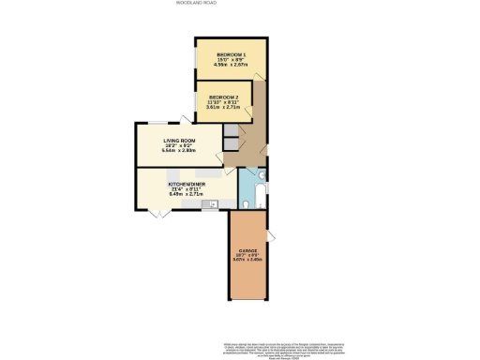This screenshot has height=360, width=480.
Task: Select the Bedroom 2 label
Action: click(223, 97)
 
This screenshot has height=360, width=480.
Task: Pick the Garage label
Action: click(247, 251)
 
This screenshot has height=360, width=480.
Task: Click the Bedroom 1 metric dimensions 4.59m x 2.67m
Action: click(231, 66)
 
